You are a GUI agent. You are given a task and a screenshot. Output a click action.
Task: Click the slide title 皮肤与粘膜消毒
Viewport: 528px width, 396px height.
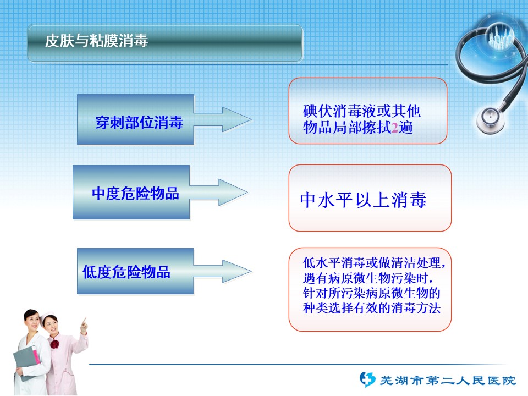click(97, 41)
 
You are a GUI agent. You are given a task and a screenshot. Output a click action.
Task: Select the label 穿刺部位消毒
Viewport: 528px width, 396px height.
click(139, 122)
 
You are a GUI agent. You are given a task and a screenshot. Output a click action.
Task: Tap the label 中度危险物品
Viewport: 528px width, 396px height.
click(135, 194)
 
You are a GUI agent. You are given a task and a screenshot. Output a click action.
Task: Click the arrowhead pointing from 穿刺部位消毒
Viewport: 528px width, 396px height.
click(237, 119)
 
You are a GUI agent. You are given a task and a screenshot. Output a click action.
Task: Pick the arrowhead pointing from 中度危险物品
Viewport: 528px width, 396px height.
click(233, 193)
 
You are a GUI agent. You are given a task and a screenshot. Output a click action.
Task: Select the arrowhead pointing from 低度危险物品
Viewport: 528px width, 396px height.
click(237, 271)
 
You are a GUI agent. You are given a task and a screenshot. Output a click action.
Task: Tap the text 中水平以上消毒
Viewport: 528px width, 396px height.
click(363, 200)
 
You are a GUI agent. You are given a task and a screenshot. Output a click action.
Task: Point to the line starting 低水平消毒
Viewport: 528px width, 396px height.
click(375, 263)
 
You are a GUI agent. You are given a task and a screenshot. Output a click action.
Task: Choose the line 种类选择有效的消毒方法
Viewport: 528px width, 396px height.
click(372, 308)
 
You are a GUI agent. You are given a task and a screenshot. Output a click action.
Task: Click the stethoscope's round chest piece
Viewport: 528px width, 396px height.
click(490, 119)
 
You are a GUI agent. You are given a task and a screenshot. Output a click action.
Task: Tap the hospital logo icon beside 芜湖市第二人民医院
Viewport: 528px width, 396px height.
click(367, 380)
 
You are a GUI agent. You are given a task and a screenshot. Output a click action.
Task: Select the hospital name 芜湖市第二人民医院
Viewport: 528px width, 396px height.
click(448, 381)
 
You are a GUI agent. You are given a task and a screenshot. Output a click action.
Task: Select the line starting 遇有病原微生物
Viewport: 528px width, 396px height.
click(368, 278)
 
